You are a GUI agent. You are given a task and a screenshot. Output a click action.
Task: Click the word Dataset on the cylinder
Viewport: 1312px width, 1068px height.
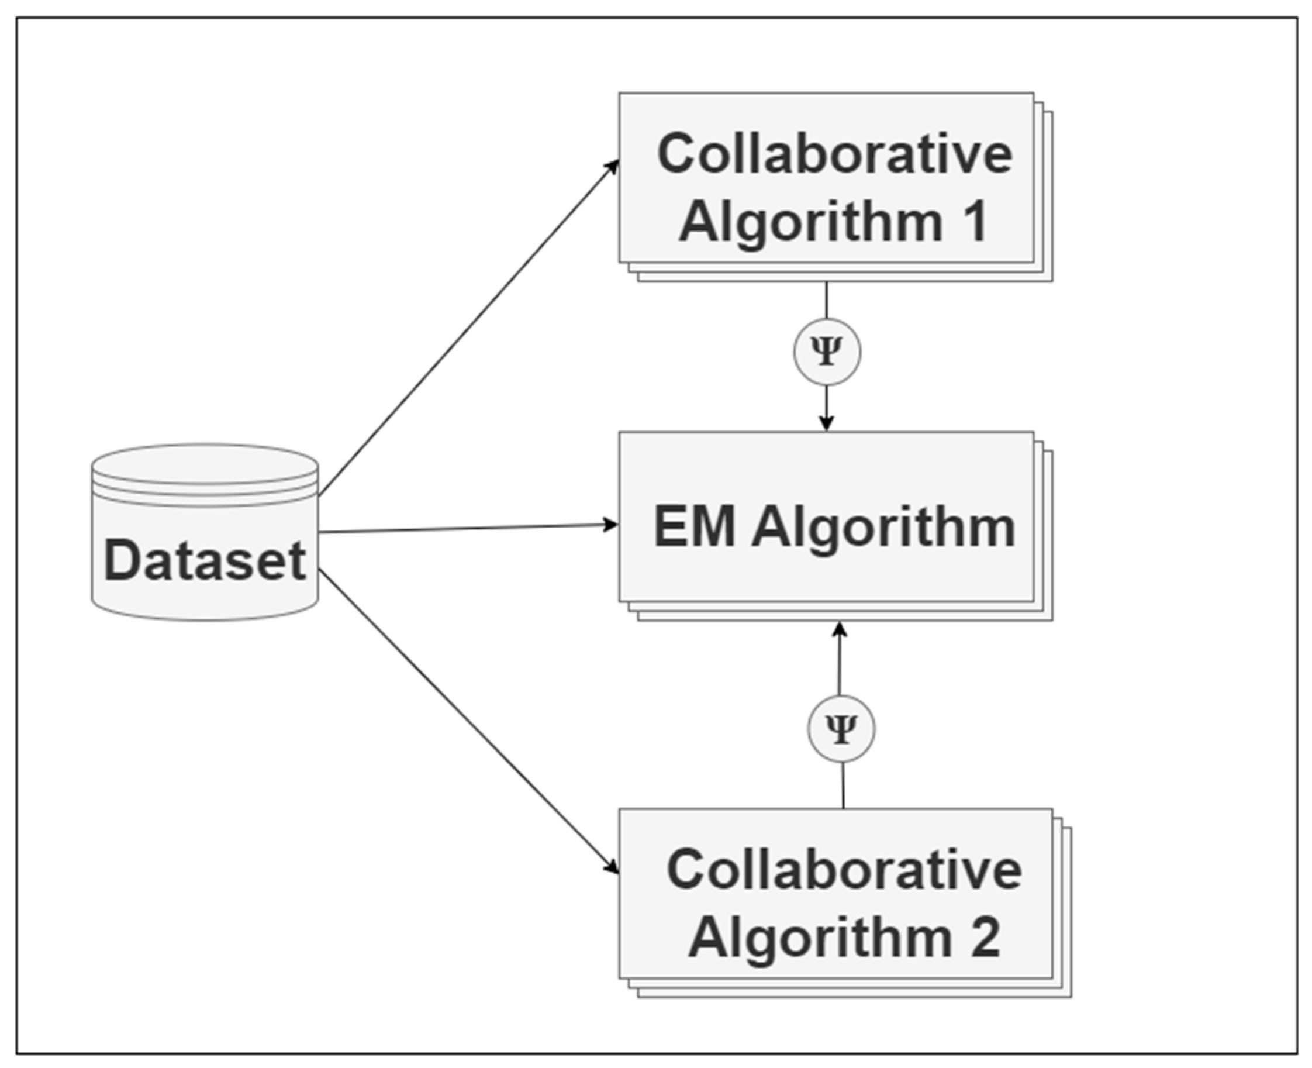(x=204, y=560)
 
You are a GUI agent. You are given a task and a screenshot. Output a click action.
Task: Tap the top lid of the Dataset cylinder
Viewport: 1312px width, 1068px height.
(x=205, y=464)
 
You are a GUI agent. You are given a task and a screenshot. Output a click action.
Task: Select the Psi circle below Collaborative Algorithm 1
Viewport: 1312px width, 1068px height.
(x=827, y=352)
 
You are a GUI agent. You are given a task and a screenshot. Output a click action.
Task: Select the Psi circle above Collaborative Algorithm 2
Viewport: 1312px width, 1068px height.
(x=841, y=729)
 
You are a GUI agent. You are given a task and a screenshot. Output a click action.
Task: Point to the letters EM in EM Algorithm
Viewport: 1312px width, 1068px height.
(x=694, y=526)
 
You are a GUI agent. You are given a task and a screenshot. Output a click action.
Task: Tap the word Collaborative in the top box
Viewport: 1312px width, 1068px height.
(x=834, y=153)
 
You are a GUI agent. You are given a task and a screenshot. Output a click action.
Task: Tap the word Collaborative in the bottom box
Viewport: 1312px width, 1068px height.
(x=844, y=869)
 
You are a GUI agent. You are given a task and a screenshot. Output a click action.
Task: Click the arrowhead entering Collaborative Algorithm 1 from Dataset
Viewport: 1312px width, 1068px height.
(x=612, y=167)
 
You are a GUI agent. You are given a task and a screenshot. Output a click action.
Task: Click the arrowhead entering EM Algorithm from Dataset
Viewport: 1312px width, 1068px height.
(x=611, y=525)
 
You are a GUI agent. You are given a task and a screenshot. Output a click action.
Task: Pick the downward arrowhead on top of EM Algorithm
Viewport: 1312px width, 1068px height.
(x=827, y=423)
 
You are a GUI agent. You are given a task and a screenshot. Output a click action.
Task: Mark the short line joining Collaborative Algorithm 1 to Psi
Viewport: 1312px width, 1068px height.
(x=826, y=300)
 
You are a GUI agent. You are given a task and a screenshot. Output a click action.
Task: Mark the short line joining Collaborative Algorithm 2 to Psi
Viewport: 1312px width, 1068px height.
(x=843, y=785)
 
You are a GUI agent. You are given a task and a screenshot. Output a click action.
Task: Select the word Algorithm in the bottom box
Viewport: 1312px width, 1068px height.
(x=821, y=937)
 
